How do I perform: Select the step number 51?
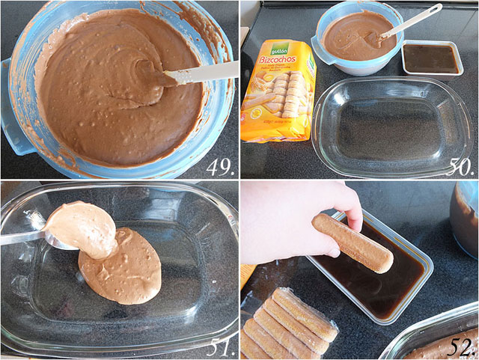click(219, 347)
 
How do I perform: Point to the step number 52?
click(460, 347)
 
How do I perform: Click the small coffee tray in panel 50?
click(430, 59)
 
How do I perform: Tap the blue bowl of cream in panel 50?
click(348, 37)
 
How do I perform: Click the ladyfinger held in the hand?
click(352, 242)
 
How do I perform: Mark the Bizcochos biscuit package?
click(278, 90)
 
